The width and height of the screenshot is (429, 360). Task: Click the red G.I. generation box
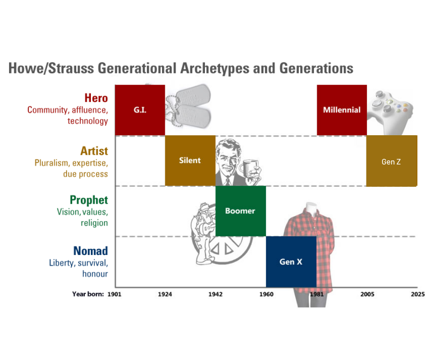pyautogui.click(x=140, y=110)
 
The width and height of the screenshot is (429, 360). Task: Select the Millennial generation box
pyautogui.click(x=342, y=110)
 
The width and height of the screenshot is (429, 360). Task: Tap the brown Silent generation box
pyautogui.click(x=190, y=160)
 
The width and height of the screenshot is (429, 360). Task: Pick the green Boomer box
pyautogui.click(x=241, y=211)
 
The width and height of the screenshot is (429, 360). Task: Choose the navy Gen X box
pyautogui.click(x=291, y=262)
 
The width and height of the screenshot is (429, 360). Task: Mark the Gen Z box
pyautogui.click(x=392, y=161)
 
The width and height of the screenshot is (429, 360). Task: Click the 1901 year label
pyautogui.click(x=115, y=294)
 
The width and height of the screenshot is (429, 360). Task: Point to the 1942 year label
pyautogui.click(x=215, y=294)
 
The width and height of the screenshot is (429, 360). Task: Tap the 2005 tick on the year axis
pyautogui.click(x=367, y=294)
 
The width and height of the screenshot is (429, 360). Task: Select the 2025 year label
pyautogui.click(x=418, y=294)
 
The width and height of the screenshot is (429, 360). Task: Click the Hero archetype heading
pyautogui.click(x=96, y=98)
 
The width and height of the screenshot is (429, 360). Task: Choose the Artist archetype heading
pyautogui.click(x=94, y=151)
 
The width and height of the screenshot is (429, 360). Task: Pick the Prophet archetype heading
pyautogui.click(x=89, y=200)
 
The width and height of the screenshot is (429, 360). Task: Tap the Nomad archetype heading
pyautogui.click(x=90, y=251)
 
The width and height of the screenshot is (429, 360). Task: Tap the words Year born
pyautogui.click(x=88, y=294)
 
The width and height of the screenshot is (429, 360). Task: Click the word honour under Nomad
pyautogui.click(x=95, y=274)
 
